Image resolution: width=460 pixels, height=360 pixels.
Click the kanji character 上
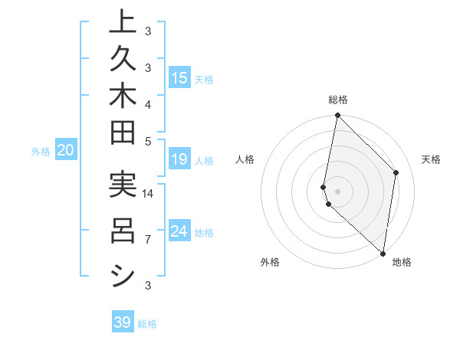pos(123,21)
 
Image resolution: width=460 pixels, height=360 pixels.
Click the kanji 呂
pos(123,231)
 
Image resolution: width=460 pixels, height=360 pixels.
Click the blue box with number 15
pos(179,78)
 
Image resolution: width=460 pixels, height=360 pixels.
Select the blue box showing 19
pos(179,159)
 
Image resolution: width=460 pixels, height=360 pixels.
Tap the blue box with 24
pos(179,231)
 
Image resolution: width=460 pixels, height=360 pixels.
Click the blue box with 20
pos(65,151)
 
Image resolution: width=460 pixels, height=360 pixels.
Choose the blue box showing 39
pos(123,322)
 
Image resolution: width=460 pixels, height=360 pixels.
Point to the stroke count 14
pos(148,194)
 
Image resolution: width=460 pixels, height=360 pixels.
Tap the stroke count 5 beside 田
pos(148,140)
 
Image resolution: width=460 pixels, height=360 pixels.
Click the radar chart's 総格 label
pos(338,100)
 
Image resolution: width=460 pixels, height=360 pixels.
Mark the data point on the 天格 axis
pos(396,172)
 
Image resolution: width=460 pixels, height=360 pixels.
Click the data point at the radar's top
pos(337,116)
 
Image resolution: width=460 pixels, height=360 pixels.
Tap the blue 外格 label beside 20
pos(41,152)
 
